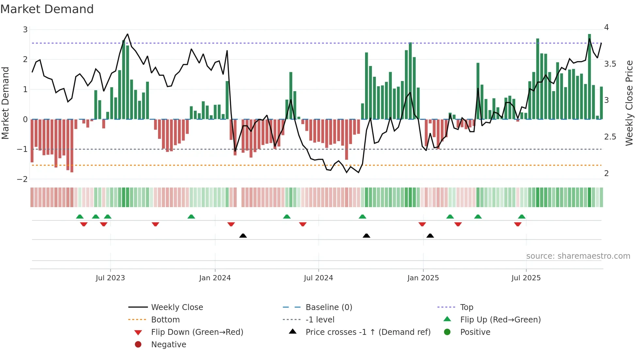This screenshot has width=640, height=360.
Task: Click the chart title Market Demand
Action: [47, 9]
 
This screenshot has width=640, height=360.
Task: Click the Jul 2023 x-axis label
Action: [110, 278]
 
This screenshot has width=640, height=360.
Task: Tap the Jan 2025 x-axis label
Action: [423, 278]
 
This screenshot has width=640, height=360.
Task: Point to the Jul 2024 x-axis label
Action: [318, 278]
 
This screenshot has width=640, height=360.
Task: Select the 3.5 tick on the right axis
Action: [610, 64]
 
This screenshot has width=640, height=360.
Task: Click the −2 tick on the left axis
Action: [23, 179]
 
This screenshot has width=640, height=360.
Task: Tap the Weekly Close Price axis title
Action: [629, 103]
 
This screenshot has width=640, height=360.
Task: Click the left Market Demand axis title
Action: [6, 103]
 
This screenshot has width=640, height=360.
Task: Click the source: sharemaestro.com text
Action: [578, 256]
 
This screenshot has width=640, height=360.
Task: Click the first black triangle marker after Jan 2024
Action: [243, 236]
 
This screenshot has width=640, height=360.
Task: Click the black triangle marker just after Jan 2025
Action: [430, 236]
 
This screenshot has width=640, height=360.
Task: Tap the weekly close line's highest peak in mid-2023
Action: [127, 34]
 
